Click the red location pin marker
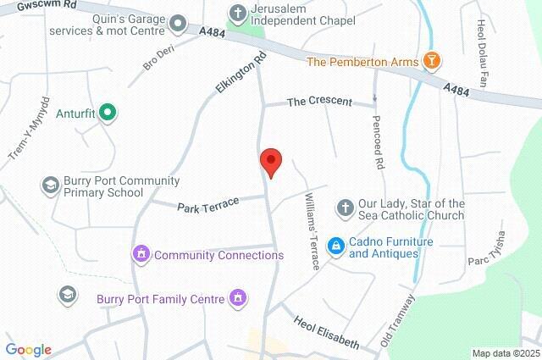270,161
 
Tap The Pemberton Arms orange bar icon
433,61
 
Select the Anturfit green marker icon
107,111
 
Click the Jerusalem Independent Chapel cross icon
238,12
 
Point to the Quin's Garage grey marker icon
177,22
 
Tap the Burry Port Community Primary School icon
50,185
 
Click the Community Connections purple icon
141,254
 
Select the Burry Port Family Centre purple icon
238,298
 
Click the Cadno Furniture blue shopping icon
335,246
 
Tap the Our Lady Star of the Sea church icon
345,208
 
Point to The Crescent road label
319,102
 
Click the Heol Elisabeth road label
327,334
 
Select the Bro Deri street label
158,58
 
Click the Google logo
28,350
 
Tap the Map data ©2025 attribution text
505,353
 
